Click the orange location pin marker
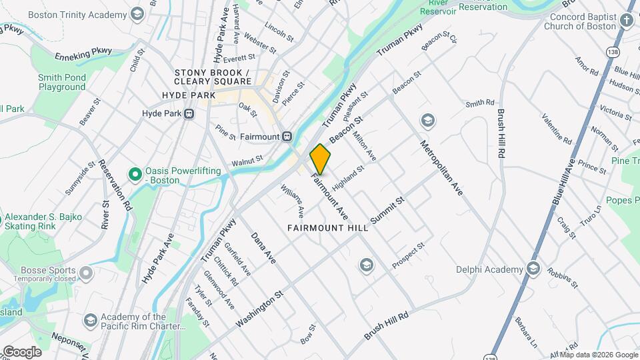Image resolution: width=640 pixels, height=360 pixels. coord(321,159)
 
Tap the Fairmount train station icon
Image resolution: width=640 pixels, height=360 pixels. coord(287,136)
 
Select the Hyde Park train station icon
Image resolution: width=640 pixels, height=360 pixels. coord(189,114)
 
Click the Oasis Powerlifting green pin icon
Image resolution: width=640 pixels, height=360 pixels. coord(135,175)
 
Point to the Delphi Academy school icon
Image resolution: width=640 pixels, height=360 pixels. coord(533,269)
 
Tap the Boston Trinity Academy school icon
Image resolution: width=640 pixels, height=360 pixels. coord(137,13)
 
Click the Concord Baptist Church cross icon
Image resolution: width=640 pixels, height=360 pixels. coord(627,20)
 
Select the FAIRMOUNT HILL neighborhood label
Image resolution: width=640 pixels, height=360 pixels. coord(328,228)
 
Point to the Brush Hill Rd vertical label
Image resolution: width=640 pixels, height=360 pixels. coord(499,133)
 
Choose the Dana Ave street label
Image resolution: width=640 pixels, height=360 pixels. coord(263,247)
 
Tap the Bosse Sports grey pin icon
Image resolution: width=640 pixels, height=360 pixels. coord(86,273)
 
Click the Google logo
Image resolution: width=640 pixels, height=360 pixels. coord(22,351)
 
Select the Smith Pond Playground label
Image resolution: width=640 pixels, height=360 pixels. coord(62,82)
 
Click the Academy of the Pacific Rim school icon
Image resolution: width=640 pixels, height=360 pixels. coord(90,321)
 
